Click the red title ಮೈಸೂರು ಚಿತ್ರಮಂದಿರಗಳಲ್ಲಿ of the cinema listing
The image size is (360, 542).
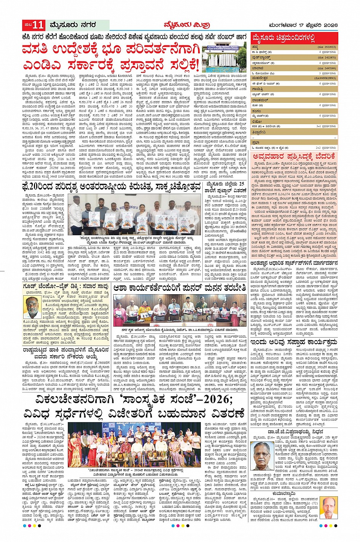283,38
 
